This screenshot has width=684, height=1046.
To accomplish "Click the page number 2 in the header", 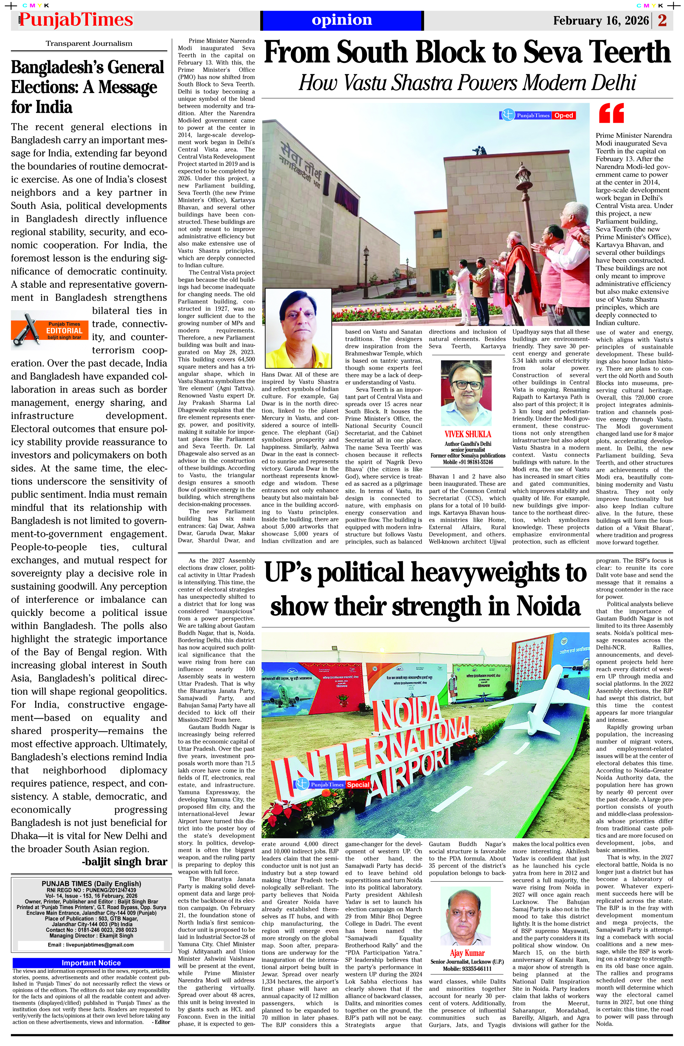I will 662,20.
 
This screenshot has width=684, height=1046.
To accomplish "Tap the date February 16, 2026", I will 601,21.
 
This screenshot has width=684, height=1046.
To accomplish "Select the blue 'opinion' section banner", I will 342,20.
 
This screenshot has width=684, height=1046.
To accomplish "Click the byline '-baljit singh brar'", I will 124,861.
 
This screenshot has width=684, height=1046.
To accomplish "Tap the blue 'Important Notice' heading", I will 91,963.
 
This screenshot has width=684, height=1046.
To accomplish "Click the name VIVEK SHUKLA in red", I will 468,434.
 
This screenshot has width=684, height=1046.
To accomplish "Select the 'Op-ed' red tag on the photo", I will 564,116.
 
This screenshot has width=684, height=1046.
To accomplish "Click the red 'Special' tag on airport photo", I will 358,784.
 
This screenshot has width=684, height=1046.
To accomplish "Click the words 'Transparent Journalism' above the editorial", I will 89,43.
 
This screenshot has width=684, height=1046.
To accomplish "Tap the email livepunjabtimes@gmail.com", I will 91,944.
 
